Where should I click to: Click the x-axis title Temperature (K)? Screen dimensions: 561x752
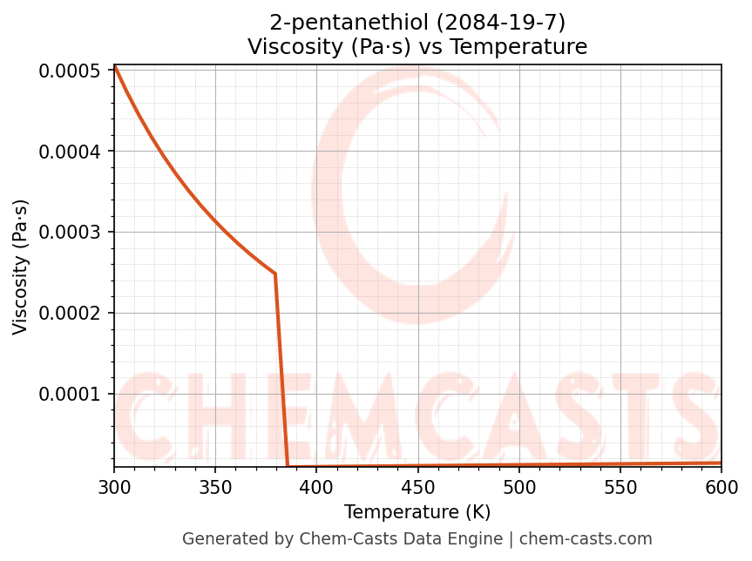pyautogui.click(x=417, y=511)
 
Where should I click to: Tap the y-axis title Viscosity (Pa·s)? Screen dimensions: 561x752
pyautogui.click(x=21, y=267)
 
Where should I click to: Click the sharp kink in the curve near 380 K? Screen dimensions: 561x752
pyautogui.click(x=275, y=274)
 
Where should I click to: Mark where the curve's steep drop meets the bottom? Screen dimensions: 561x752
pyautogui.click(x=288, y=466)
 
